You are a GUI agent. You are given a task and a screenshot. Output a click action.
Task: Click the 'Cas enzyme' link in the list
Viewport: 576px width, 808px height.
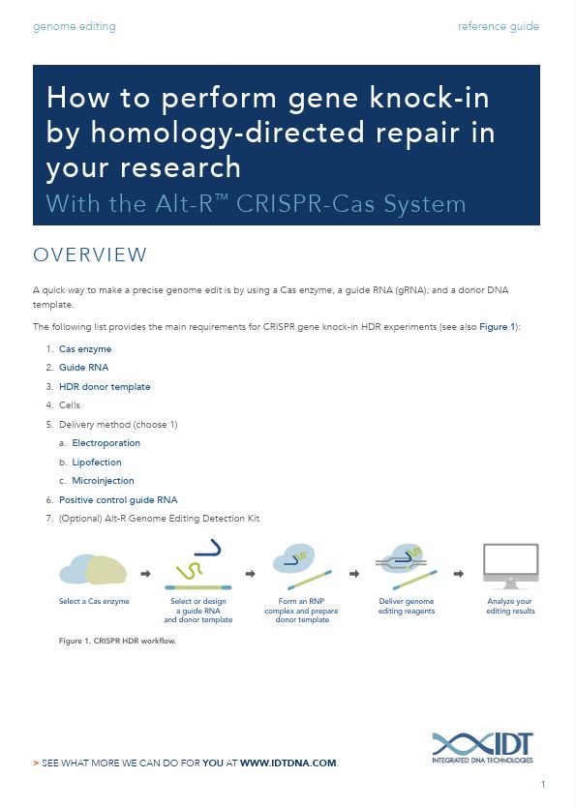tap(85, 349)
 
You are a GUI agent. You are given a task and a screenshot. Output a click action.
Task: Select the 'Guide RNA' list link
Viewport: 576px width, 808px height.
tap(83, 368)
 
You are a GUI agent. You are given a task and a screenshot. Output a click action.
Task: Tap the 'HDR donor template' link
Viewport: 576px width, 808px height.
tap(105, 386)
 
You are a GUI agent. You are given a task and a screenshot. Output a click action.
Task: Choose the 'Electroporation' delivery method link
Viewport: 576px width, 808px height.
tap(106, 442)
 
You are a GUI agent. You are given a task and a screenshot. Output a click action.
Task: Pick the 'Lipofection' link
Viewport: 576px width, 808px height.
tap(97, 463)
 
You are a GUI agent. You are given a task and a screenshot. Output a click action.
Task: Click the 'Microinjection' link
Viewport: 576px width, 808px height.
tap(103, 480)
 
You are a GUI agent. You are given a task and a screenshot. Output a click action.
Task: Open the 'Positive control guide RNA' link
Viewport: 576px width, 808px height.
tap(118, 500)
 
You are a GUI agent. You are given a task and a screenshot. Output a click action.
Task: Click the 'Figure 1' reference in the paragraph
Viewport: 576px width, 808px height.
tap(498, 327)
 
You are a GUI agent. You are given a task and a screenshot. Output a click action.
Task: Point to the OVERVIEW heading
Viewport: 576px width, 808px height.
tap(90, 254)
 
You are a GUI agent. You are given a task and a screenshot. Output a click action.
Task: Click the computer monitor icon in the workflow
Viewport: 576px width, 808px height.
tap(510, 566)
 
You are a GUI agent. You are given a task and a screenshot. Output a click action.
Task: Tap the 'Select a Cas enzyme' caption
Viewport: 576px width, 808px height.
tap(94, 601)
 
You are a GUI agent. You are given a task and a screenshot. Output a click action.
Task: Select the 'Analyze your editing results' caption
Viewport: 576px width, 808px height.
tap(510, 606)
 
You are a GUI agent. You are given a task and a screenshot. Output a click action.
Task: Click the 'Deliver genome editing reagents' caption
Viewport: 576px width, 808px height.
tap(407, 606)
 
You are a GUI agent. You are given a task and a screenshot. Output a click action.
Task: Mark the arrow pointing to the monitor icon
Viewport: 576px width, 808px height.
tap(459, 574)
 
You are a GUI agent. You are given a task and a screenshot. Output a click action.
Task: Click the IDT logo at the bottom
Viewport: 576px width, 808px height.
tap(482, 747)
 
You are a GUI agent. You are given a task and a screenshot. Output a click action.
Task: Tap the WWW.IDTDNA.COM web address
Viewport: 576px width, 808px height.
tap(288, 763)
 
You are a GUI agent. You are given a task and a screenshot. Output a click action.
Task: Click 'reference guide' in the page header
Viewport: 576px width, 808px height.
tap(499, 26)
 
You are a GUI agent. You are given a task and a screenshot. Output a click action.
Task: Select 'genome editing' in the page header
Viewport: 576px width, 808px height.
tap(75, 26)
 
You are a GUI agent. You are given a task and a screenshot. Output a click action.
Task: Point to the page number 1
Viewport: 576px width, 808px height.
tap(543, 785)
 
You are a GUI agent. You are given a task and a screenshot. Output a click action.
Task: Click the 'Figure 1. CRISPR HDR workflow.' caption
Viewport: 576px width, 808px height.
tap(117, 641)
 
